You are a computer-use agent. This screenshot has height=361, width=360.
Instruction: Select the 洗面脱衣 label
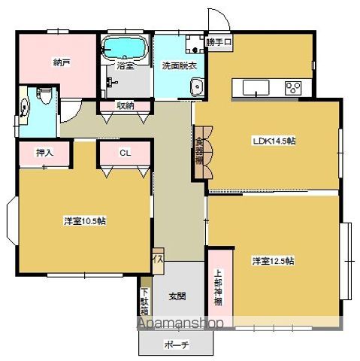(x=178, y=65)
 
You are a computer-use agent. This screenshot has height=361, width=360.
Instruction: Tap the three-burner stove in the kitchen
(x=293, y=87)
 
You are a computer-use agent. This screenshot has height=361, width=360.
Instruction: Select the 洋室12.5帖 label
(x=273, y=261)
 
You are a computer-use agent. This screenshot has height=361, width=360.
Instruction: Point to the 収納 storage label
(x=126, y=106)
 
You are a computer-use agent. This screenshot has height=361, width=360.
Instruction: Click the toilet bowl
(x=43, y=99)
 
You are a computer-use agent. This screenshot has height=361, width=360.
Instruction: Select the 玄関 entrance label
(x=177, y=295)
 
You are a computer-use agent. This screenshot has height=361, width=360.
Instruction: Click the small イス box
(x=158, y=258)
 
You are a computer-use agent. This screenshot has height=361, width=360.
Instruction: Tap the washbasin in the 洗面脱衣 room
(x=197, y=87)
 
